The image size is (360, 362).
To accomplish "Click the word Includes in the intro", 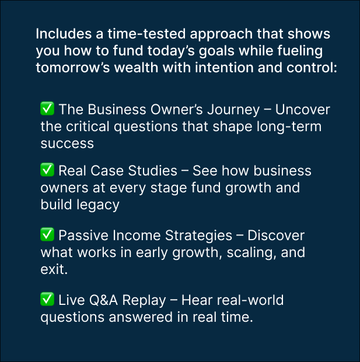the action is point(64,34).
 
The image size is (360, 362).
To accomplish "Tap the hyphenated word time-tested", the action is point(146,34).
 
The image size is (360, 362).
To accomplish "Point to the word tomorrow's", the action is point(73,68).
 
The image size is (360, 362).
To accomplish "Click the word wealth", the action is point(136,68).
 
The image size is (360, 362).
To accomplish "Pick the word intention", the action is point(224,68).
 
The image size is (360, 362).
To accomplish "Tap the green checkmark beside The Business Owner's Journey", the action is point(47,108).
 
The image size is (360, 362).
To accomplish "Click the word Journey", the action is point(233,110).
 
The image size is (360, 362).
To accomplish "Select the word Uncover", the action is point(302,110).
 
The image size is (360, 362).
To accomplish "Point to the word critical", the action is point(88,126).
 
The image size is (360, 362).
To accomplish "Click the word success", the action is point(67,143).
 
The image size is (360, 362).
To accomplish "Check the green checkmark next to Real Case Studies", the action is point(47,170).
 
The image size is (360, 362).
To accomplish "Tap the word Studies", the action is point(152,171).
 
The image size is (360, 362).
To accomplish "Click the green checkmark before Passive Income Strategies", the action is point(47,234).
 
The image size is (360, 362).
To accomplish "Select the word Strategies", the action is point(198,236).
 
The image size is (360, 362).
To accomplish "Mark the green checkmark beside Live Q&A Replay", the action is point(47,299).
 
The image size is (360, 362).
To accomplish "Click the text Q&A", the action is point(103,300).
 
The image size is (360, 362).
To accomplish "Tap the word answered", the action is point(141,317).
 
